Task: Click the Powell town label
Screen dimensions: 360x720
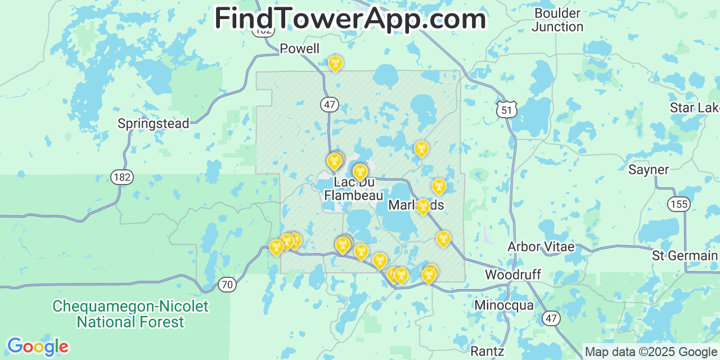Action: [300, 49]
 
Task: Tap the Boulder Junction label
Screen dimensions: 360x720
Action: [557, 20]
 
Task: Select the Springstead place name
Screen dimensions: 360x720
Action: [153, 124]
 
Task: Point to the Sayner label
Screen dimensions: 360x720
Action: [649, 170]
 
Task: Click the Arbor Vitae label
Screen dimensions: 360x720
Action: [541, 247]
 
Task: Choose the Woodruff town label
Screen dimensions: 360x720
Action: [512, 275]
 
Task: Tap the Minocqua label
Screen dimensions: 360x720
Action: [503, 305]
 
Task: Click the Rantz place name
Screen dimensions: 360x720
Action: [487, 352]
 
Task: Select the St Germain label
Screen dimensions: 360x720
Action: [685, 256]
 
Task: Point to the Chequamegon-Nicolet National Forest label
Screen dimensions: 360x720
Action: [130, 314]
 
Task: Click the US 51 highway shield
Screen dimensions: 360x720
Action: [507, 110]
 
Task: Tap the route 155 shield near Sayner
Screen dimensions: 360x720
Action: [679, 204]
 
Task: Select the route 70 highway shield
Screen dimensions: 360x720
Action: [227, 285]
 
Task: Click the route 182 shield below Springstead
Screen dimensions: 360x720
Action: [121, 177]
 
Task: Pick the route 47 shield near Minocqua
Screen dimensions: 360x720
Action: [551, 318]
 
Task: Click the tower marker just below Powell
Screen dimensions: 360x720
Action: [335, 64]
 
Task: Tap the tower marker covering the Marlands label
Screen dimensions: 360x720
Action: [423, 206]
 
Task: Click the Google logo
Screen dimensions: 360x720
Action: [37, 346]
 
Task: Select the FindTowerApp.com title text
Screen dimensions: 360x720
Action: [350, 19]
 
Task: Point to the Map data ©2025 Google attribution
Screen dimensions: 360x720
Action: [651, 352]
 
